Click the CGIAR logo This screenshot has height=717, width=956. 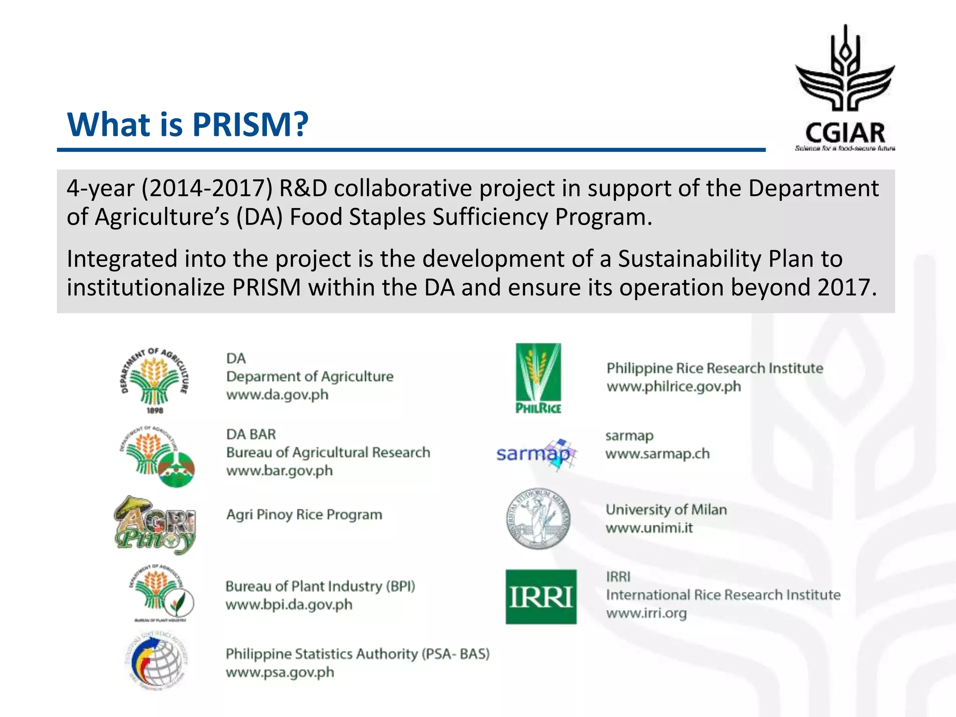click(x=845, y=89)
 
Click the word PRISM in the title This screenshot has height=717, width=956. click(x=250, y=125)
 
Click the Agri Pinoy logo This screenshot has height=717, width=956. click(x=155, y=525)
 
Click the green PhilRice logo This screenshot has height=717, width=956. click(x=538, y=378)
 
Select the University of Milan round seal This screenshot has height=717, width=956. click(x=538, y=519)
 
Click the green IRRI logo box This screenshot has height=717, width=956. click(x=541, y=597)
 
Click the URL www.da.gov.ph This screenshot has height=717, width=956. click(x=277, y=395)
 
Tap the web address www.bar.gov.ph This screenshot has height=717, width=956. click(x=279, y=471)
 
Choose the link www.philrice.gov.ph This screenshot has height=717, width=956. click(x=674, y=387)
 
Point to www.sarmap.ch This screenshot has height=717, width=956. click(x=657, y=454)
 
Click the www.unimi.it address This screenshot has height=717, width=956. click(x=649, y=528)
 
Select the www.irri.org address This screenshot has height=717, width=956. click(x=646, y=613)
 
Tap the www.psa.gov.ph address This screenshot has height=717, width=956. click(x=280, y=672)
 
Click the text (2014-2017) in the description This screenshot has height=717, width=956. click(x=207, y=188)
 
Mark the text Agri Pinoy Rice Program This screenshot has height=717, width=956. click(x=304, y=514)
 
